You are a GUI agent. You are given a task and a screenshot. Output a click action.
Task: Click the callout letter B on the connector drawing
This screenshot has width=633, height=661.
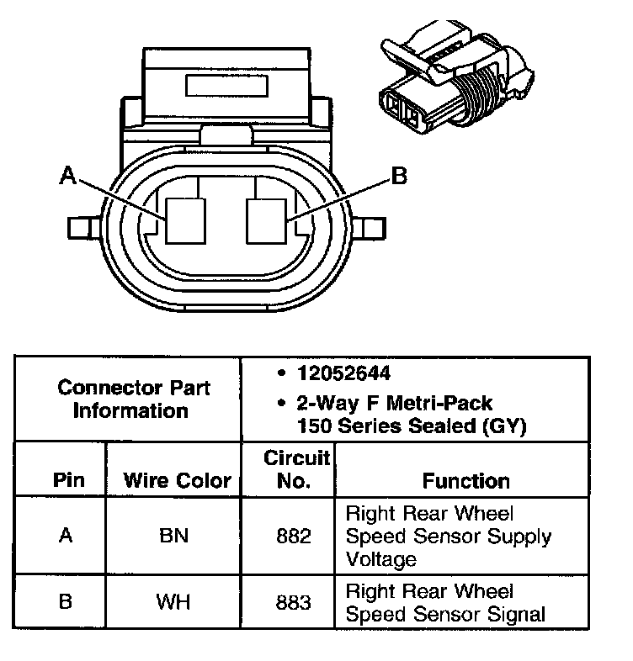(x=400, y=176)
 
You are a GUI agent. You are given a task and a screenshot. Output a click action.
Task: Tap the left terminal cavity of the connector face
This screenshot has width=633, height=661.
(x=186, y=221)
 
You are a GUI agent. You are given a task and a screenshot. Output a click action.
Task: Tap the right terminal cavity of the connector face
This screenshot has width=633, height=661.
(x=268, y=221)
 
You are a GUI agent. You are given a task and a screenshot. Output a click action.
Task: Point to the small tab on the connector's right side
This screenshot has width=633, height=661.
(x=373, y=227)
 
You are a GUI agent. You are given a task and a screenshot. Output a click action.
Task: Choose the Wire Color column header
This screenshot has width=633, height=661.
(x=177, y=480)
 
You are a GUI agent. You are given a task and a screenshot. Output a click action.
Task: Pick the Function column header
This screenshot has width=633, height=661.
(x=465, y=480)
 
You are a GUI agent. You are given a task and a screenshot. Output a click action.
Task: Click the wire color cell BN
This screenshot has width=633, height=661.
(x=174, y=536)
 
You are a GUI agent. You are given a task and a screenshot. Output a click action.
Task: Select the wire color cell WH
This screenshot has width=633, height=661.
(x=174, y=602)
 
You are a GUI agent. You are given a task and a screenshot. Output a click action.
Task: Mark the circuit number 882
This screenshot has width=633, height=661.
(x=294, y=536)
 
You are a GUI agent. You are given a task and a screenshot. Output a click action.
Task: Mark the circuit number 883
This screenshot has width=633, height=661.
(x=294, y=602)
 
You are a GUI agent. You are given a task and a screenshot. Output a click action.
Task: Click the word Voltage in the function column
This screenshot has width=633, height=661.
(x=380, y=559)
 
